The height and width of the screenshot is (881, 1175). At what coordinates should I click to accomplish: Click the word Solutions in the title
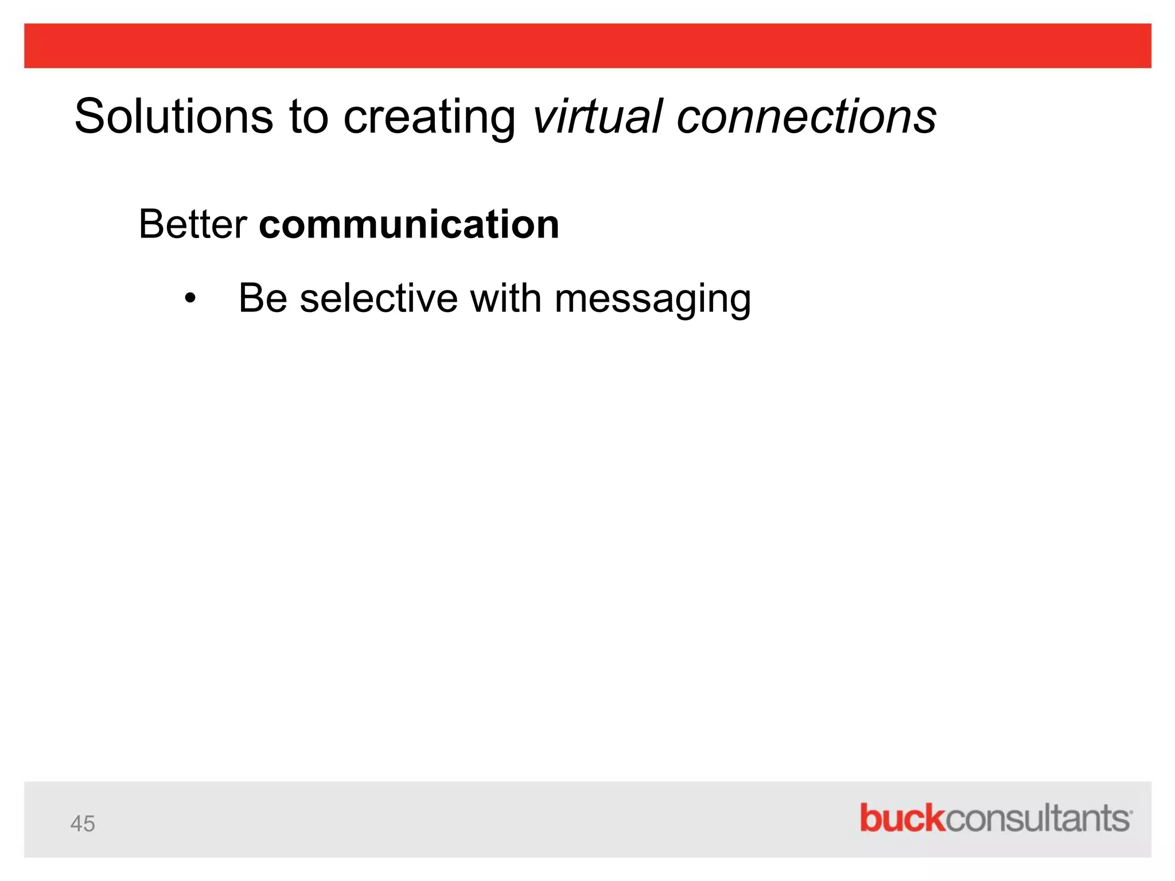tap(173, 116)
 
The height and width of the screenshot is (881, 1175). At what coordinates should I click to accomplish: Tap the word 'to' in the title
tap(308, 116)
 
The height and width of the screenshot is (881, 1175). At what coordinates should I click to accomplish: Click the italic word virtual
tap(597, 116)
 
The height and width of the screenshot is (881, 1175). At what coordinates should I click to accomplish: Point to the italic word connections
tap(806, 116)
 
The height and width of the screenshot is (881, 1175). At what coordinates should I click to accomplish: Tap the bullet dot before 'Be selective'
tap(190, 299)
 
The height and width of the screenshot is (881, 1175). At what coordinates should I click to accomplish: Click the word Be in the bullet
tap(263, 299)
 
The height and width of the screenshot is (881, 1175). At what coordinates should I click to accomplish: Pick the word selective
tap(379, 299)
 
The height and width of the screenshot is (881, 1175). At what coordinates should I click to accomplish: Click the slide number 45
tap(83, 824)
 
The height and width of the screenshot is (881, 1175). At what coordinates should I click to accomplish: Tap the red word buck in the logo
tap(901, 818)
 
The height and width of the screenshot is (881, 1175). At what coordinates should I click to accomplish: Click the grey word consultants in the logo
tap(1036, 818)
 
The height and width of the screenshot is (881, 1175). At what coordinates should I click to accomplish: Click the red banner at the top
tap(587, 46)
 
